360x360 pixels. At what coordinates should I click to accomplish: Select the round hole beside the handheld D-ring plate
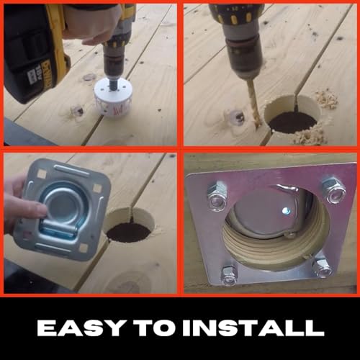click(x=128, y=231)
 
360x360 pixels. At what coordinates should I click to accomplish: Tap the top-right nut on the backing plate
click(x=333, y=190)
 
